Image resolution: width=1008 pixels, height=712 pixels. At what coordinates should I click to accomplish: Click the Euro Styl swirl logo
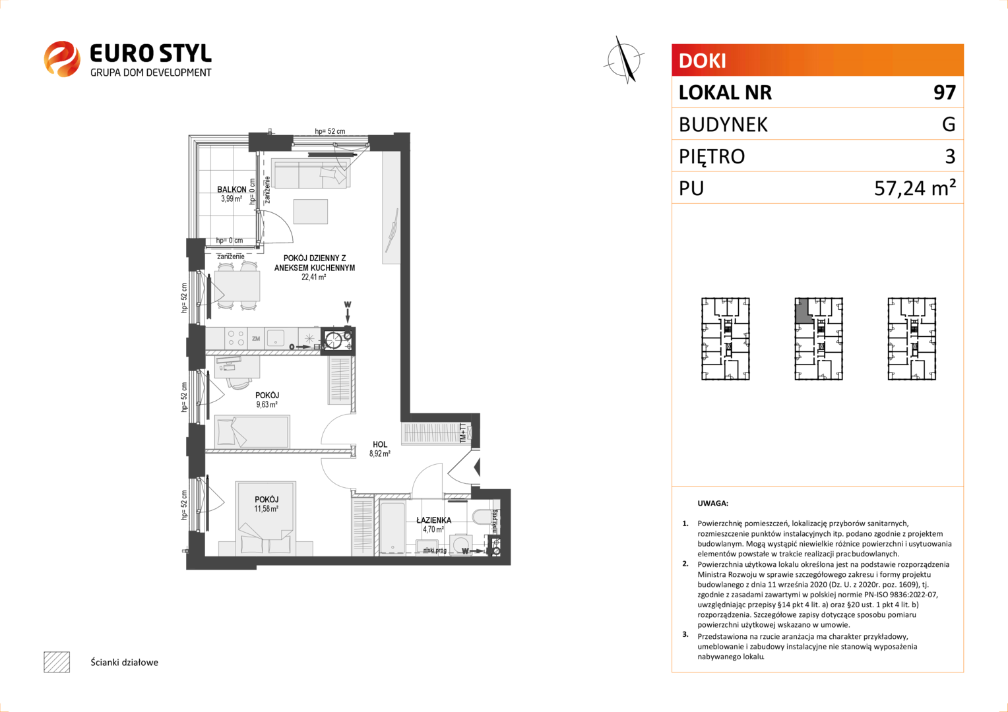pos(61,59)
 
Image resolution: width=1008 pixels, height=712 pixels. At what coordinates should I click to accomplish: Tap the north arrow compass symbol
pos(624,59)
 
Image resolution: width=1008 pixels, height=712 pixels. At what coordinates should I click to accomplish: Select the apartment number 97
pos(945,92)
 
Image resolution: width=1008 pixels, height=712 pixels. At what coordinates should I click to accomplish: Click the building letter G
pos(949,124)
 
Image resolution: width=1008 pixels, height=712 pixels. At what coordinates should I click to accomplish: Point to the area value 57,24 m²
pos(915,187)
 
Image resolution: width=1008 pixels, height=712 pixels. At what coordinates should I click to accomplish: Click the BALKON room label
pos(232,189)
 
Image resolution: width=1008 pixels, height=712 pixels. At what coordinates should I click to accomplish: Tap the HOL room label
pos(380,444)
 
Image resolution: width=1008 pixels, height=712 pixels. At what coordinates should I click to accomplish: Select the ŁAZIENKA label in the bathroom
pos(434,520)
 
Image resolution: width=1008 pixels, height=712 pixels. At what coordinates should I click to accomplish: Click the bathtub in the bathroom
pos(392,527)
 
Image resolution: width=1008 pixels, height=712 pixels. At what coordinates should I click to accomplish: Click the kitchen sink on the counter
pos(275,338)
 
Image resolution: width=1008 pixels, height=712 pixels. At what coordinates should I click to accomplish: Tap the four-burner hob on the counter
pos(236,338)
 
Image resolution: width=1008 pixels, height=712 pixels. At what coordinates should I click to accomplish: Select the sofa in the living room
pos(311,173)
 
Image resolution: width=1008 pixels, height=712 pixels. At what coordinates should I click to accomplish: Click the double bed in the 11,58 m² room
pos(265,518)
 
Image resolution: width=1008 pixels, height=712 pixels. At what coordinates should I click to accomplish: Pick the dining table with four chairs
pos(237,285)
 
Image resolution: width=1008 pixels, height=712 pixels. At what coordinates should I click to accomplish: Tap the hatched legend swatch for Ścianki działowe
pos(57,662)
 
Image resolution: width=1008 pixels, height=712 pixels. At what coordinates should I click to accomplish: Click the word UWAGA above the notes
pos(713,503)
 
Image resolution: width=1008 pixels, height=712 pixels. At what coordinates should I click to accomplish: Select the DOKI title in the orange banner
pos(702,61)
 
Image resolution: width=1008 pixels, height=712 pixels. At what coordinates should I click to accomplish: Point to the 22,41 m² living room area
pos(313,278)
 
